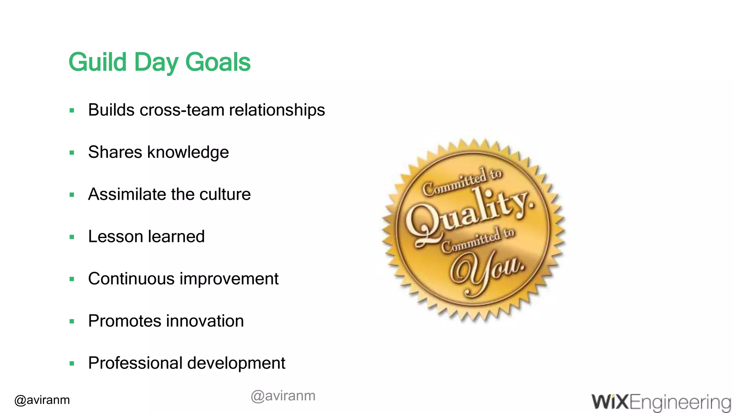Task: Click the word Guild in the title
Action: tap(97, 62)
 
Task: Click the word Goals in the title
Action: tap(218, 62)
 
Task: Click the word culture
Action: tap(225, 194)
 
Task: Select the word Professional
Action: tap(135, 363)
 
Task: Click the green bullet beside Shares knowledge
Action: tap(72, 153)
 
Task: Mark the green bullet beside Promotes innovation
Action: tap(72, 322)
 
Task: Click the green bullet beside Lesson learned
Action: tap(72, 237)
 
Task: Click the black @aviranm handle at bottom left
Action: tap(42, 400)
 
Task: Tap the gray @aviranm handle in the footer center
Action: tap(283, 396)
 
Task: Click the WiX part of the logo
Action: tap(610, 402)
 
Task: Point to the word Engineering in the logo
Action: tap(680, 403)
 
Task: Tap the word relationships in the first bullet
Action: tap(277, 110)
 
